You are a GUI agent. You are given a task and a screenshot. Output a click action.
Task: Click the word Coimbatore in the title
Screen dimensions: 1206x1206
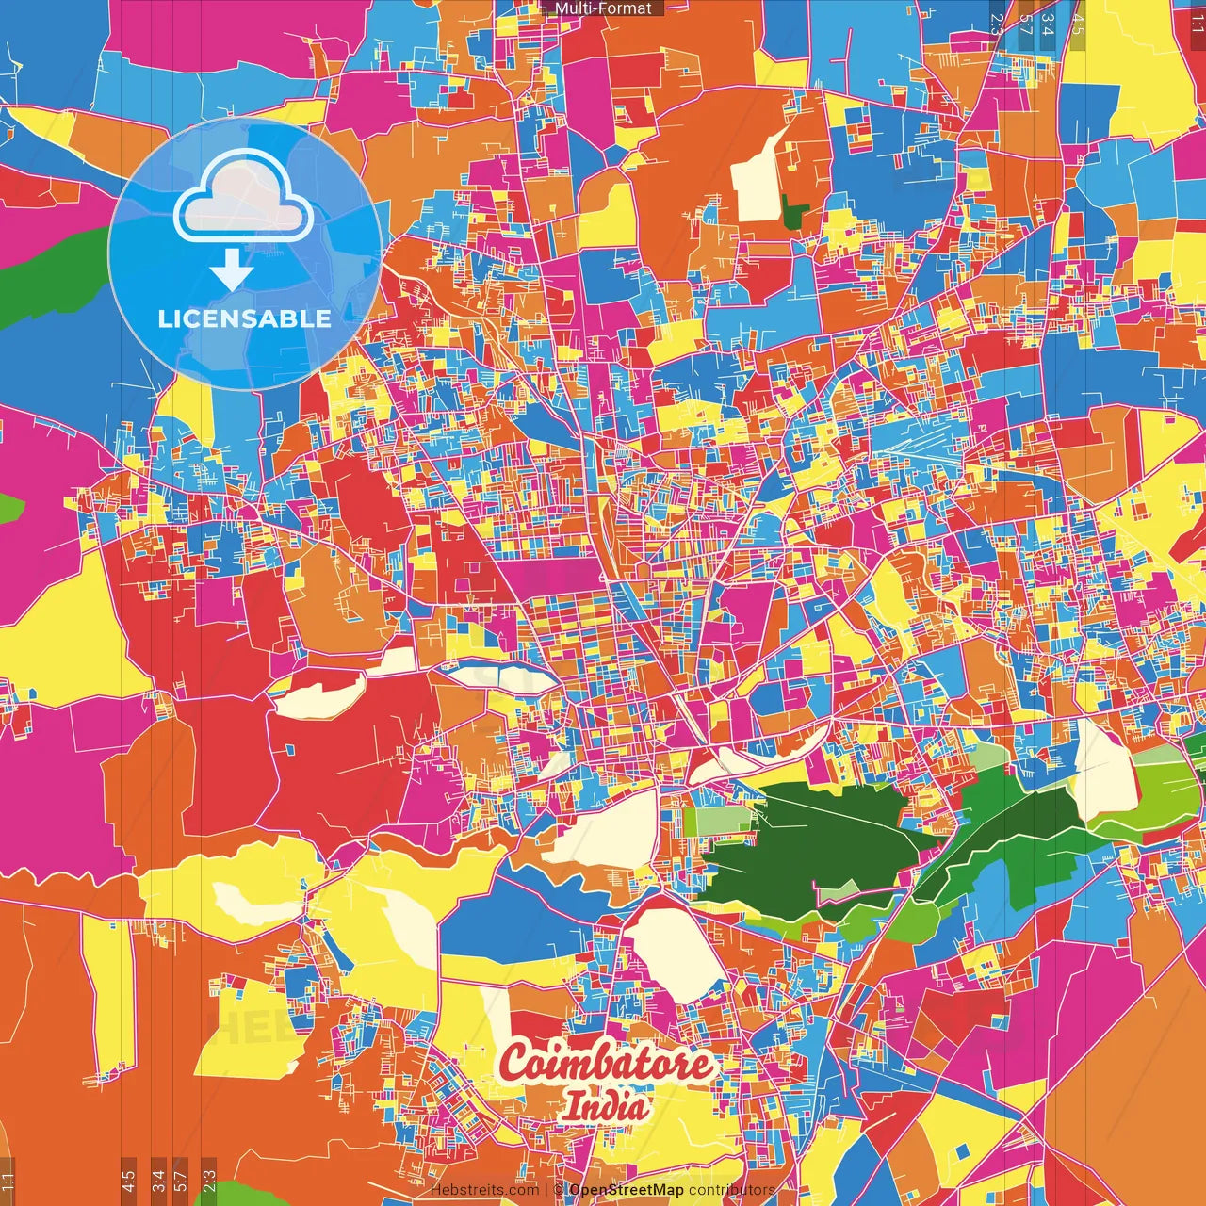[607, 1065]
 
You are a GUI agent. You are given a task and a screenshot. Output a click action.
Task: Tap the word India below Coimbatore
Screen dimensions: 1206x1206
[607, 1106]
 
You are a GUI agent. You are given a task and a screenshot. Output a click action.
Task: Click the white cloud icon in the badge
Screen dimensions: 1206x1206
[244, 199]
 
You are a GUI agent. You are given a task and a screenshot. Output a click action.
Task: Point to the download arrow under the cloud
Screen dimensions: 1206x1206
[232, 271]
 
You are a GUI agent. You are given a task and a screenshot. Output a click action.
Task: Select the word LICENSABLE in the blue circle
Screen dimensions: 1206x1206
[245, 318]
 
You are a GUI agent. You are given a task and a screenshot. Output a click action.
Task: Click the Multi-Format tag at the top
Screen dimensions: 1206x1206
[603, 8]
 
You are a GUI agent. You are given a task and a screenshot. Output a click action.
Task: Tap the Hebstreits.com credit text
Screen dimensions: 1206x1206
[484, 1190]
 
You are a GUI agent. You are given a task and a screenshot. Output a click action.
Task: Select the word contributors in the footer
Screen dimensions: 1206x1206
[732, 1190]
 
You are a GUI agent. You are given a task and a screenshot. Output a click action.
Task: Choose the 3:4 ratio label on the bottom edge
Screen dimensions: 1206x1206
[158, 1181]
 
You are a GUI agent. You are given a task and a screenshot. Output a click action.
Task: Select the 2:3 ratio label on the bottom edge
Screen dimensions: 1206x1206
[209, 1181]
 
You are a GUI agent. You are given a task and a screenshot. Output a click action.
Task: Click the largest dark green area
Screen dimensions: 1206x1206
[810, 843]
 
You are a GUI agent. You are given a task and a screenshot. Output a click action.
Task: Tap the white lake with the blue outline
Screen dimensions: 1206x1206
[487, 675]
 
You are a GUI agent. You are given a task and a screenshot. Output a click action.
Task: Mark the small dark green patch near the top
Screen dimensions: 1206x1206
[794, 213]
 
